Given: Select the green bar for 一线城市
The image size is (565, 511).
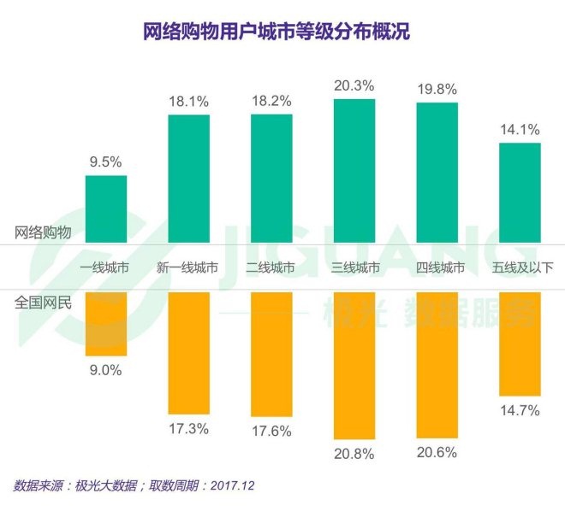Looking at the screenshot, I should click(106, 209).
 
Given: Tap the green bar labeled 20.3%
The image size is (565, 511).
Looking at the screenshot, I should click(354, 171).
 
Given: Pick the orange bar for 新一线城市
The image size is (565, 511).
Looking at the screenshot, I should click(188, 352).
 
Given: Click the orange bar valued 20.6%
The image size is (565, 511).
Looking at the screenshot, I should click(437, 365).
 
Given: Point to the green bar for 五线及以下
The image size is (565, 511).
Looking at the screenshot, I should click(520, 192).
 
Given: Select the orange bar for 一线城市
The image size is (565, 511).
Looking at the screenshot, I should click(106, 324).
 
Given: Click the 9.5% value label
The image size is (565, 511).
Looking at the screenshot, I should click(106, 158).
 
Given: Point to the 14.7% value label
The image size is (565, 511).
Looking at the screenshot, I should click(520, 410).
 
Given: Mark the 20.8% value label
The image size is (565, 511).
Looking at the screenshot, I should click(354, 455).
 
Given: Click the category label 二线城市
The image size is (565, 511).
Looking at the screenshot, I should click(271, 267).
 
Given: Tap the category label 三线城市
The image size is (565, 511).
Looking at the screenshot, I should click(355, 267).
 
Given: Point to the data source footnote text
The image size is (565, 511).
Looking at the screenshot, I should click(134, 485).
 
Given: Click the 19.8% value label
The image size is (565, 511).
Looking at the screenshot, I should click(437, 88).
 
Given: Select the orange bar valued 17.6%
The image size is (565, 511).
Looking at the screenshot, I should click(271, 354).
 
